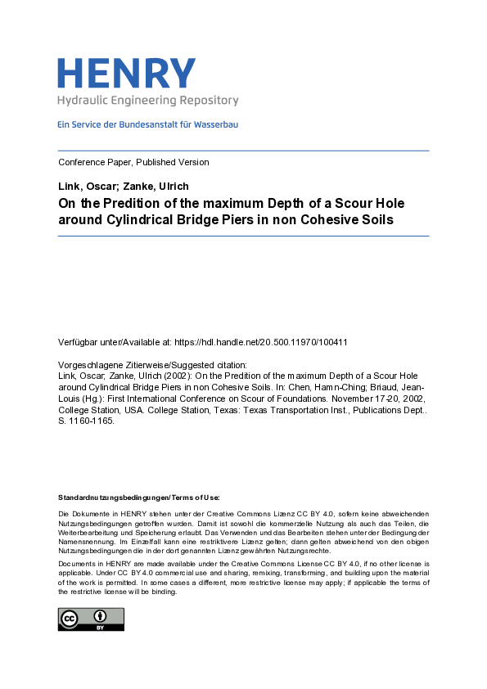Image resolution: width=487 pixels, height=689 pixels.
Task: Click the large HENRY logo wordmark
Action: [x=127, y=73]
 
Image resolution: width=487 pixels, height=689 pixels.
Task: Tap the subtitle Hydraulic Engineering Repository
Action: [x=147, y=101]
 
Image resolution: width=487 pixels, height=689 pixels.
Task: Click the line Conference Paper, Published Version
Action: [x=133, y=162]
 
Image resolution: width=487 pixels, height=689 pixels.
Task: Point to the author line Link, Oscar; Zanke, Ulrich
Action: [x=123, y=187]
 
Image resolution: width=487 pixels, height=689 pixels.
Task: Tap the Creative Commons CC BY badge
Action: [x=90, y=619]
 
